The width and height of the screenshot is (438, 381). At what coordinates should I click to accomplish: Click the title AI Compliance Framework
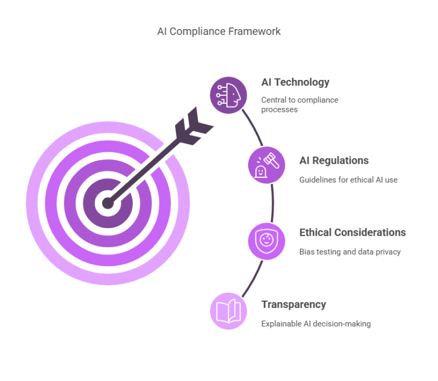[x=218, y=31]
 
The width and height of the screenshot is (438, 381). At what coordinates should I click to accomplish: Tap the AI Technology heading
[x=295, y=82]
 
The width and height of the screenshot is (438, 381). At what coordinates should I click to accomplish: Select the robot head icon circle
[x=228, y=95]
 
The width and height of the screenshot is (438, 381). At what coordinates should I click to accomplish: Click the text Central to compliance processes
[x=299, y=104]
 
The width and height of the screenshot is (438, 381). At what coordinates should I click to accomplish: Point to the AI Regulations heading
[x=334, y=160]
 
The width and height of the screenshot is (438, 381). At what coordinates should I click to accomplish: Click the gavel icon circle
[x=266, y=165]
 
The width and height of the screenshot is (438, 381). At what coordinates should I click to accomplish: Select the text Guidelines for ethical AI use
[x=348, y=180]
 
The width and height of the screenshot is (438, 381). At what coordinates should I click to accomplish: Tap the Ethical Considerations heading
[x=352, y=232]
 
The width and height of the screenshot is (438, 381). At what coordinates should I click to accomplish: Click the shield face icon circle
[x=266, y=240]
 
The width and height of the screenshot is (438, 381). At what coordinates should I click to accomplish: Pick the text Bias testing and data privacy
[x=350, y=252]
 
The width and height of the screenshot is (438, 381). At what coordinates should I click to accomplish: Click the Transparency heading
[x=293, y=304]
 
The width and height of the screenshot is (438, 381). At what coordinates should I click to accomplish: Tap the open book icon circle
[x=228, y=311]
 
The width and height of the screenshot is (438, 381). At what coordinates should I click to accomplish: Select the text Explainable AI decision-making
[x=316, y=324]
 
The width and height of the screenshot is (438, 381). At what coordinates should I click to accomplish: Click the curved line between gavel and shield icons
[x=273, y=202]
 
